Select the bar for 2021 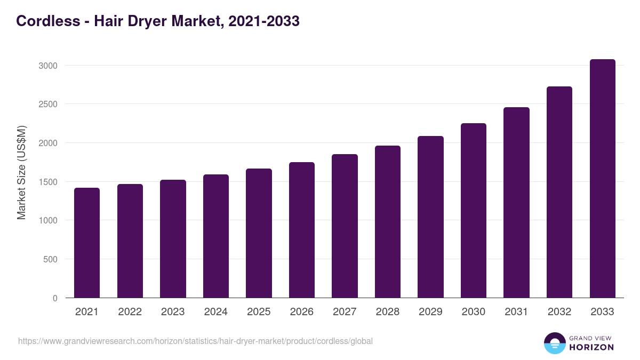click(x=87, y=243)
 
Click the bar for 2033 click(x=602, y=179)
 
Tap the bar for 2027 click(x=345, y=226)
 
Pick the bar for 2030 click(x=474, y=211)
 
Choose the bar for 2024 click(x=216, y=236)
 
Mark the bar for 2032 click(x=559, y=192)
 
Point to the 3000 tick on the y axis click(x=47, y=66)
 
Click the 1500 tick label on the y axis click(x=47, y=182)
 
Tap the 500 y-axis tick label click(x=50, y=260)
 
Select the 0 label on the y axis click(x=55, y=299)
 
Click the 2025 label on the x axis click(x=259, y=312)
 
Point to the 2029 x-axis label click(x=430, y=312)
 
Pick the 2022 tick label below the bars click(x=130, y=312)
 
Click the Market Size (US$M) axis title click(x=21, y=172)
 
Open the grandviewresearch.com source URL click(x=195, y=341)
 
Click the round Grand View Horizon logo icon click(x=554, y=343)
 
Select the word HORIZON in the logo click(x=591, y=347)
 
